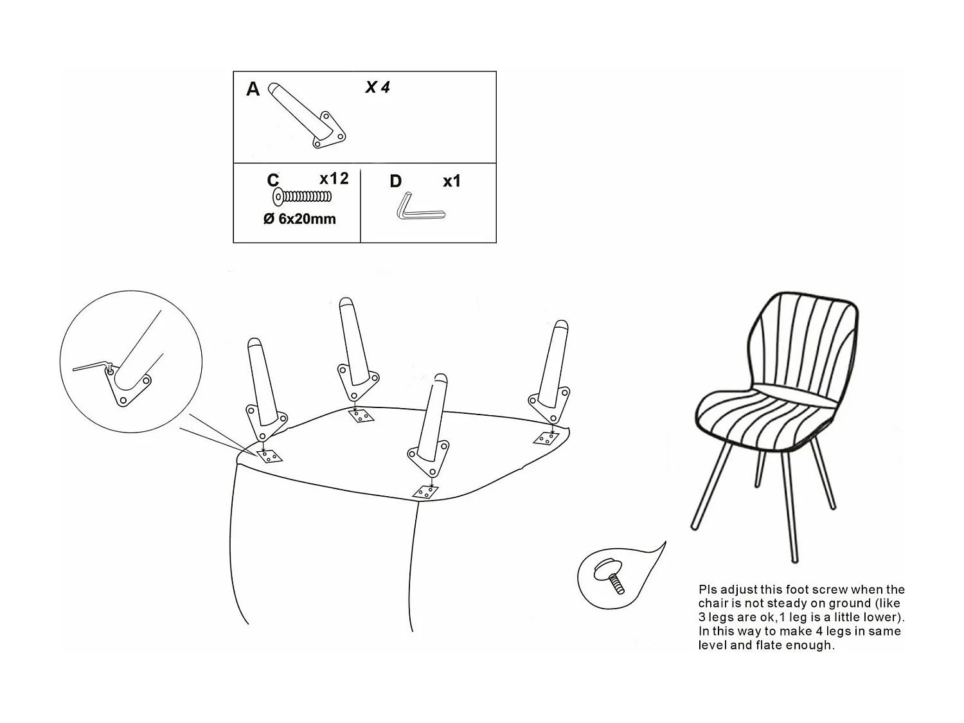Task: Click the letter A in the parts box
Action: (x=253, y=89)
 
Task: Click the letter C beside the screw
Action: (x=272, y=180)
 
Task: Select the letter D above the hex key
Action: (x=396, y=181)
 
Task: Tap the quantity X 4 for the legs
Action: (x=377, y=87)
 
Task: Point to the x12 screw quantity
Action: (x=334, y=179)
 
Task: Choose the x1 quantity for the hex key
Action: (x=452, y=181)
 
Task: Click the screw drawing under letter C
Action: (x=302, y=197)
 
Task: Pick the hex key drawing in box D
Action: (x=421, y=206)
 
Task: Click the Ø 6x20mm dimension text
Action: (x=299, y=219)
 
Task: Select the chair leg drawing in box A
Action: (x=307, y=115)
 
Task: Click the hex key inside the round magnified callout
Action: (x=93, y=366)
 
